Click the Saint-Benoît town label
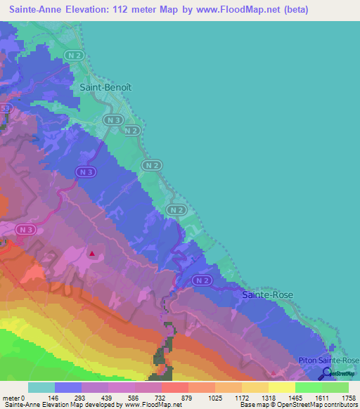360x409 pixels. coord(106,88)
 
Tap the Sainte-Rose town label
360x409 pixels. coord(268,295)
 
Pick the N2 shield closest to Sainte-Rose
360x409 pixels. coord(202,280)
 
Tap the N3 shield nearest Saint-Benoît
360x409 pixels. coord(115,120)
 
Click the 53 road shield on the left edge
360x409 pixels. coord(4,108)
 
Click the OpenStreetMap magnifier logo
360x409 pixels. coord(327,373)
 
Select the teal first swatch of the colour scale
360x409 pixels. coord(41,387)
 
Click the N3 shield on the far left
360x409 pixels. coord(26,230)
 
